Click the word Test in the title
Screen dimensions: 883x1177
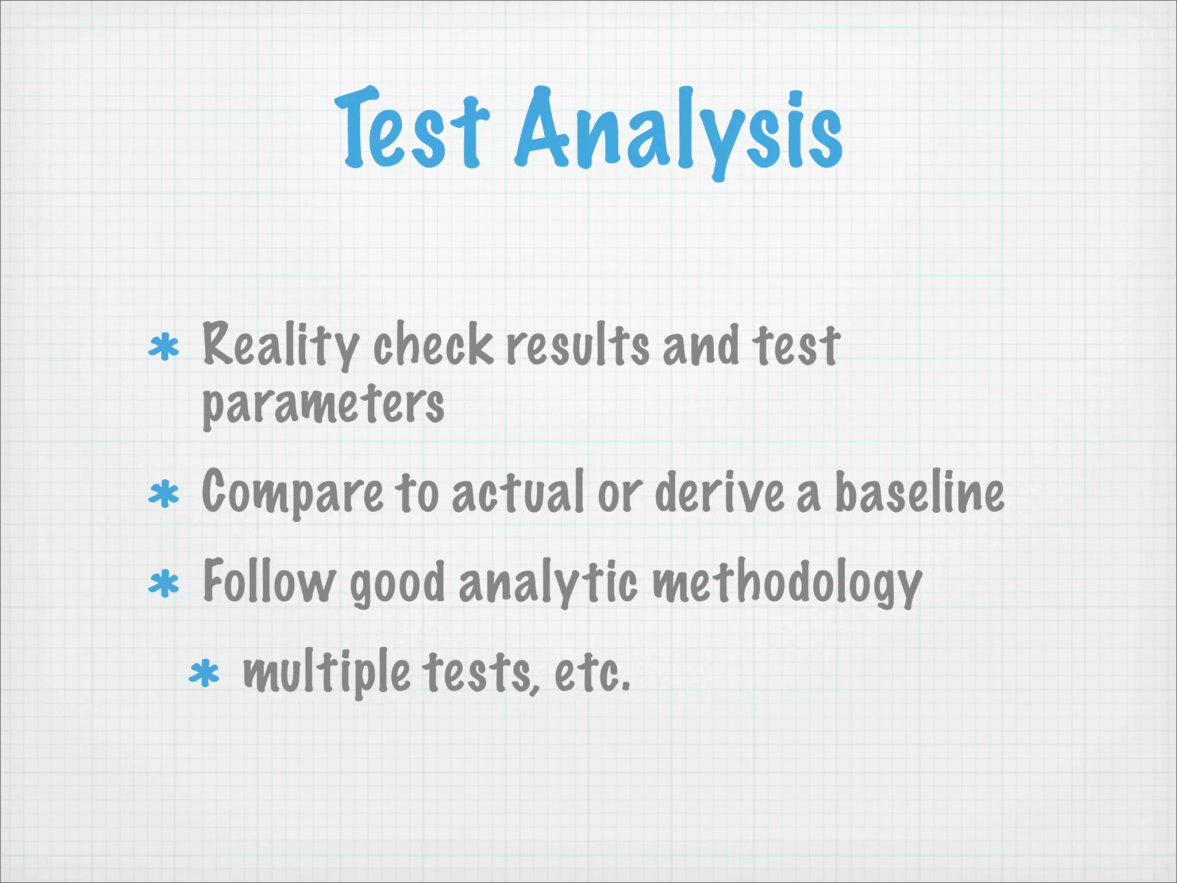pos(411,129)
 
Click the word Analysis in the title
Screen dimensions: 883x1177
pos(678,132)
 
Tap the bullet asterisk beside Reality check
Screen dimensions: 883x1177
pos(164,347)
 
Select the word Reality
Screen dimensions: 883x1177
pos(280,345)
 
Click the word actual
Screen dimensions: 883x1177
pos(518,492)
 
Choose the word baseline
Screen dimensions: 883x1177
pos(919,492)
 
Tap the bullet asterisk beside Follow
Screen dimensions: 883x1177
pos(164,584)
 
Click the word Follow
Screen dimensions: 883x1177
pos(269,582)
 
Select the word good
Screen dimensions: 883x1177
pos(397,584)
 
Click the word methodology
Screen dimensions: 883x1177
pos(787,583)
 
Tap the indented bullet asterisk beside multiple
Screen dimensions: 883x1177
pos(204,674)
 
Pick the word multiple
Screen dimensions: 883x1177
pos(326,673)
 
